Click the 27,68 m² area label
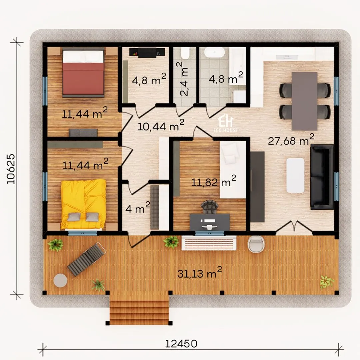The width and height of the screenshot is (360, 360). point(291,140)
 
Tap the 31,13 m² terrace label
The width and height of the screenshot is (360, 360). point(200,272)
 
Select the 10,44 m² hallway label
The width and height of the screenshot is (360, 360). point(161,125)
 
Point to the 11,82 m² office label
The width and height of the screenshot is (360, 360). point(214,181)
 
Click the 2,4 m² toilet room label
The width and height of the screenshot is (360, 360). point(184,79)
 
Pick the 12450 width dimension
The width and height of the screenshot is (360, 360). point(181,344)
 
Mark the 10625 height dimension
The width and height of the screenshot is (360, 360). point(11,169)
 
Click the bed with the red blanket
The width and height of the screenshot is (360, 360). point(83,73)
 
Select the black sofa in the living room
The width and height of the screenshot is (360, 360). point(322,177)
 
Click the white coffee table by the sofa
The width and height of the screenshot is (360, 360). point(295,175)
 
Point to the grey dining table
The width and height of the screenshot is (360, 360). point(304,101)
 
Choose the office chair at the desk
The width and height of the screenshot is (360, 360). point(209,207)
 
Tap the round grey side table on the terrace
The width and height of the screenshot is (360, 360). point(60,280)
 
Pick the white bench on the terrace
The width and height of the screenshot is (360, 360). point(209,243)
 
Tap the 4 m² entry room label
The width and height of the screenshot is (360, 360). point(138,208)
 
